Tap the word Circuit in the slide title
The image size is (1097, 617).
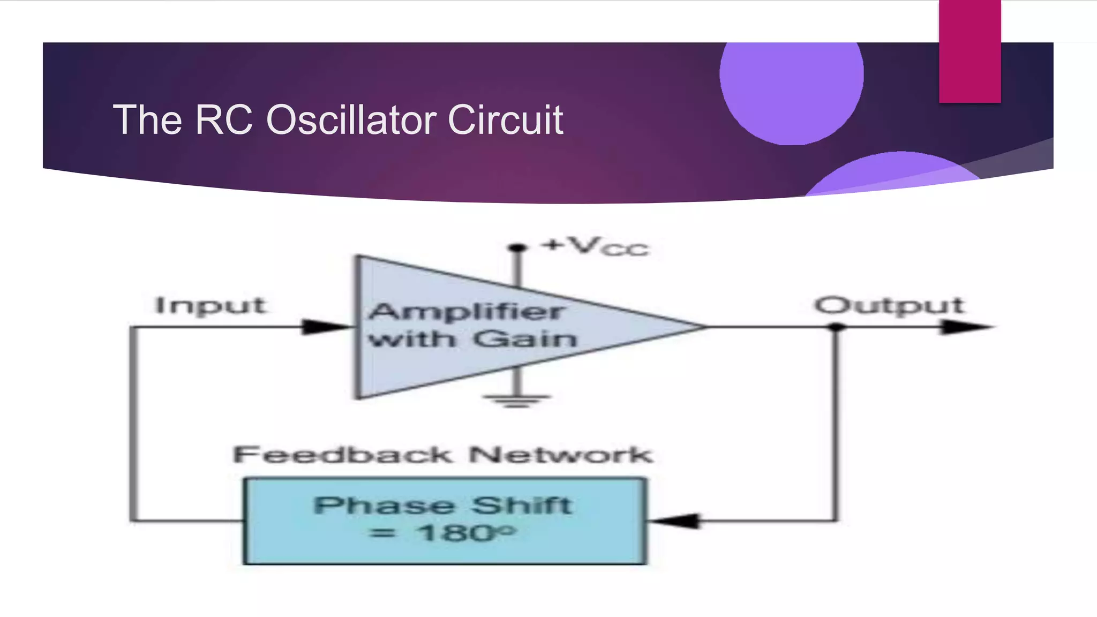(x=505, y=120)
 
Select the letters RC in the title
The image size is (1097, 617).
(x=223, y=120)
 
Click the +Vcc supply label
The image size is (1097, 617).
(x=595, y=246)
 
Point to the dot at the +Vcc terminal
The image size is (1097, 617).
(x=517, y=247)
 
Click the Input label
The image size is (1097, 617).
(x=210, y=306)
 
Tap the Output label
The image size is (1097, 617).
(x=889, y=306)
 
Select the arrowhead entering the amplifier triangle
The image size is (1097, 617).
(x=324, y=326)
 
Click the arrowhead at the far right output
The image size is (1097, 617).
(x=964, y=326)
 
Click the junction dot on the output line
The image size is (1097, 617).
(x=836, y=327)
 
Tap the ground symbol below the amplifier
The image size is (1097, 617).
(x=516, y=400)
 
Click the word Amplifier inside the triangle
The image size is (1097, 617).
(x=465, y=312)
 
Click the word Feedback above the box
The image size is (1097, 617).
(x=343, y=455)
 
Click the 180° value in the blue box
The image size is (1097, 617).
(x=466, y=533)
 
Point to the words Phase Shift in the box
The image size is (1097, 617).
(x=443, y=506)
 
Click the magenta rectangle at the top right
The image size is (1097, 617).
(x=970, y=51)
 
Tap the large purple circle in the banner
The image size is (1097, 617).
(x=791, y=80)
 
